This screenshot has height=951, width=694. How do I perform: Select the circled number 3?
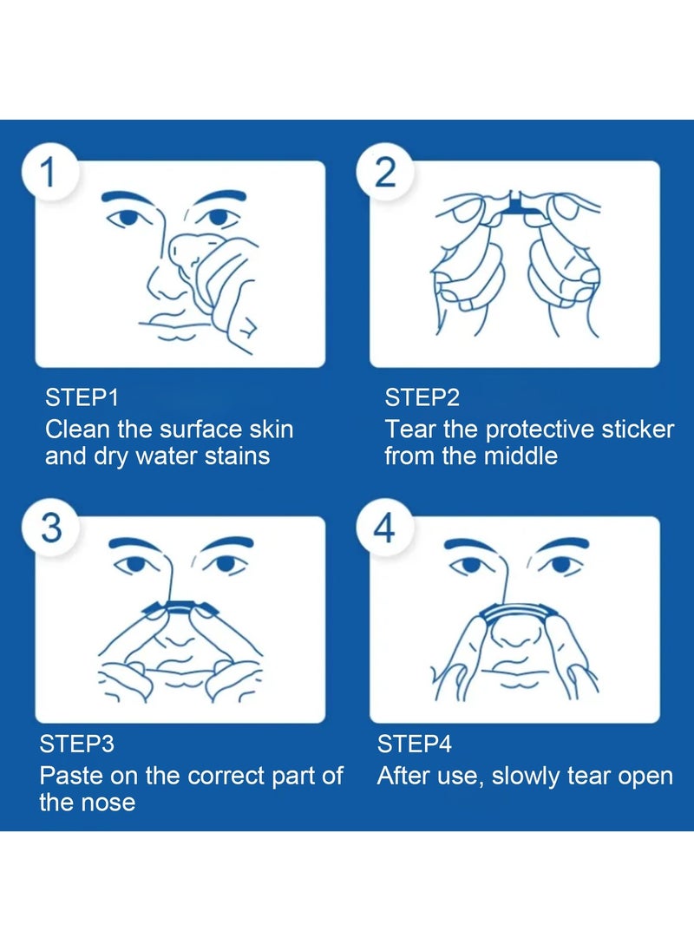(51, 528)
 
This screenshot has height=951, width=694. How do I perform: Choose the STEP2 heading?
(422, 398)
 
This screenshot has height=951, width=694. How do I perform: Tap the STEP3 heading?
(77, 744)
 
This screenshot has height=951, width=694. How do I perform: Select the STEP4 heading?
(415, 744)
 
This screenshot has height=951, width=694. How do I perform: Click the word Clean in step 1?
(78, 429)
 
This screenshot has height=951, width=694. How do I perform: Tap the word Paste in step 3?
(73, 776)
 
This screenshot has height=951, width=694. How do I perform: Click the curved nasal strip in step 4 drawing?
(515, 611)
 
